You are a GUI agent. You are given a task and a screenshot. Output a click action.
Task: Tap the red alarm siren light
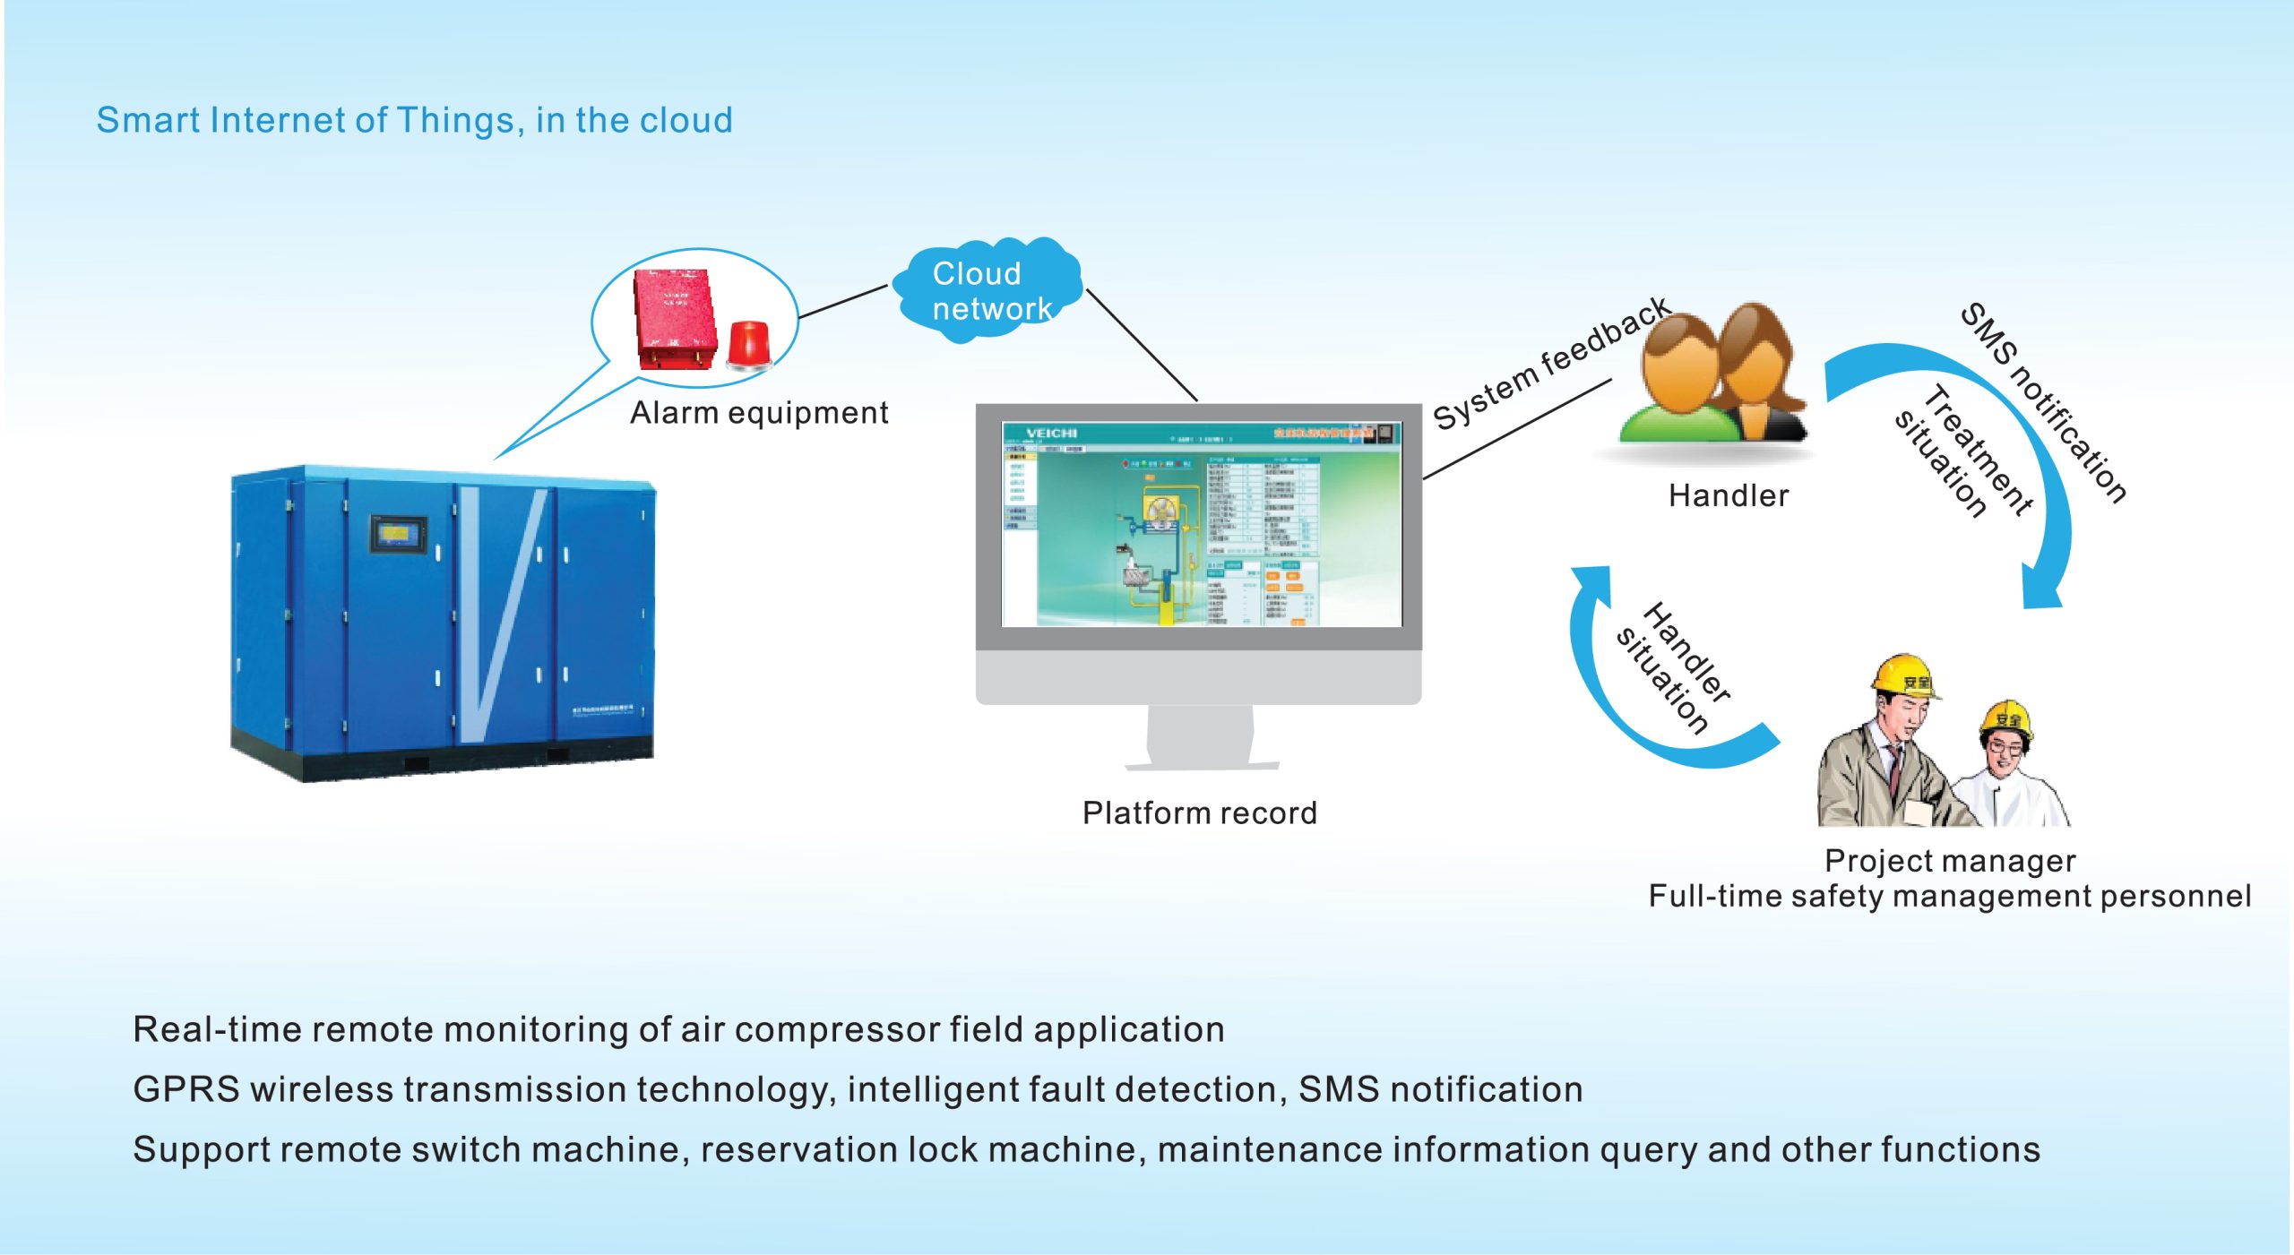coord(747,346)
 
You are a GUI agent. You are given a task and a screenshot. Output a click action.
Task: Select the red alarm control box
coord(675,318)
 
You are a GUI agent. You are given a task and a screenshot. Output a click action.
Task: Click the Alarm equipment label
coord(758,413)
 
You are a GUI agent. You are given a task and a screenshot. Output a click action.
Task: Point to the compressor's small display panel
coord(398,534)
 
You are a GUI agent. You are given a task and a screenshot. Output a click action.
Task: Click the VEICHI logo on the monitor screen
coord(1051,434)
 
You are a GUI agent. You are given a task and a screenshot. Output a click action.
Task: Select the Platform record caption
coord(1199,812)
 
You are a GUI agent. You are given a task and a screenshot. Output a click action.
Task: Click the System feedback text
coord(1550,363)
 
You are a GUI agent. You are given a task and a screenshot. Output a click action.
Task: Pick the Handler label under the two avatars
coord(1728,495)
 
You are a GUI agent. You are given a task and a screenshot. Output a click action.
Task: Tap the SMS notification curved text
coord(2043,403)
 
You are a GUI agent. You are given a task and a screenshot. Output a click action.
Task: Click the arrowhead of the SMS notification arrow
coord(2043,591)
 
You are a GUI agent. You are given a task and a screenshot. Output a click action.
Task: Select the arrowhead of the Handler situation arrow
coord(1591,582)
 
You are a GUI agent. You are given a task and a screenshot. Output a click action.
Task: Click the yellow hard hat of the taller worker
coord(1905,675)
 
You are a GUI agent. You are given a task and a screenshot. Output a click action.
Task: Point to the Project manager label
coord(1950,861)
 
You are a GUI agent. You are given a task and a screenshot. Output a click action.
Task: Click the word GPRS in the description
coord(186,1089)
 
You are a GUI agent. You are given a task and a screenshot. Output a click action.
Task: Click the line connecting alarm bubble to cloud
coord(842,302)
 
